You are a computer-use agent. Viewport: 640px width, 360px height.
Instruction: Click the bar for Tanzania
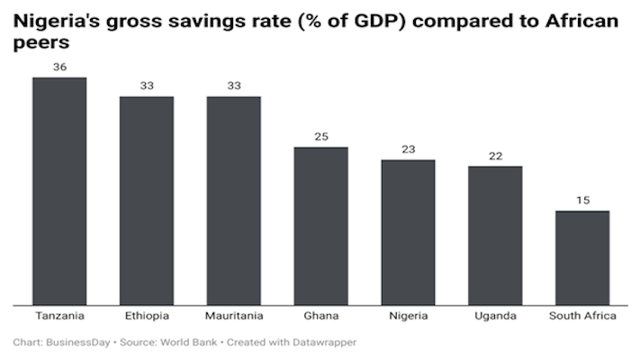point(59,192)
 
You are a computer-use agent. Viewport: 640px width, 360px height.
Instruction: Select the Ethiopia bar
point(147,201)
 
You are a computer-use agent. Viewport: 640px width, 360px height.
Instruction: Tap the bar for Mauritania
point(234,201)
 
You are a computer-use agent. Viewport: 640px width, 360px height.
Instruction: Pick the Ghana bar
point(321,226)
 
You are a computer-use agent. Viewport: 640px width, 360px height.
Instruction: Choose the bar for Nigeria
point(408,232)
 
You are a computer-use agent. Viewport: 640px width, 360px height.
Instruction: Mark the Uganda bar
point(495,236)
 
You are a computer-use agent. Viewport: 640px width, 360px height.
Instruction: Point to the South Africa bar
point(582,258)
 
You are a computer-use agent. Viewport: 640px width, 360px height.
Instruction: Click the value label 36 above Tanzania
point(59,67)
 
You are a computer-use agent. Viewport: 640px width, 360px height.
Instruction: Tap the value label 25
point(321,137)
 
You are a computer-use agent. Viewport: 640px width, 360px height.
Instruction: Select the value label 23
point(408,149)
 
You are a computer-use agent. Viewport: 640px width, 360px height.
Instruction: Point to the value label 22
point(495,156)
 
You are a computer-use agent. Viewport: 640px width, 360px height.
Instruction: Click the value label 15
point(582,201)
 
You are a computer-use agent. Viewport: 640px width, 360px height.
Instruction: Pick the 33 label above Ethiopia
point(147,85)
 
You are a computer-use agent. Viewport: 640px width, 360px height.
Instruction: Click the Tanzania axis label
point(59,316)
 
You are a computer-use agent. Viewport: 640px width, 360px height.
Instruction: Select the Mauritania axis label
point(234,316)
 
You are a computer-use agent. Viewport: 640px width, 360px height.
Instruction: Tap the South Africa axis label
point(582,316)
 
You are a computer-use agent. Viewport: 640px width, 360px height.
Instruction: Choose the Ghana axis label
point(321,316)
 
